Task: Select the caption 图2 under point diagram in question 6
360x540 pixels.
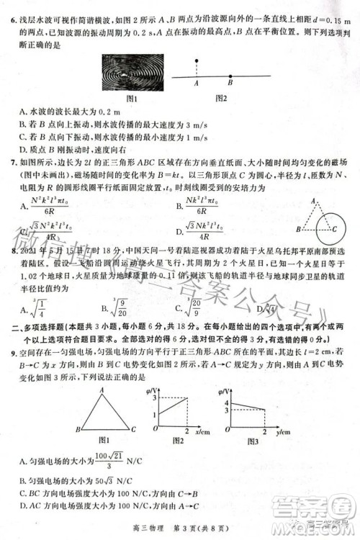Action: [220, 98]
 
